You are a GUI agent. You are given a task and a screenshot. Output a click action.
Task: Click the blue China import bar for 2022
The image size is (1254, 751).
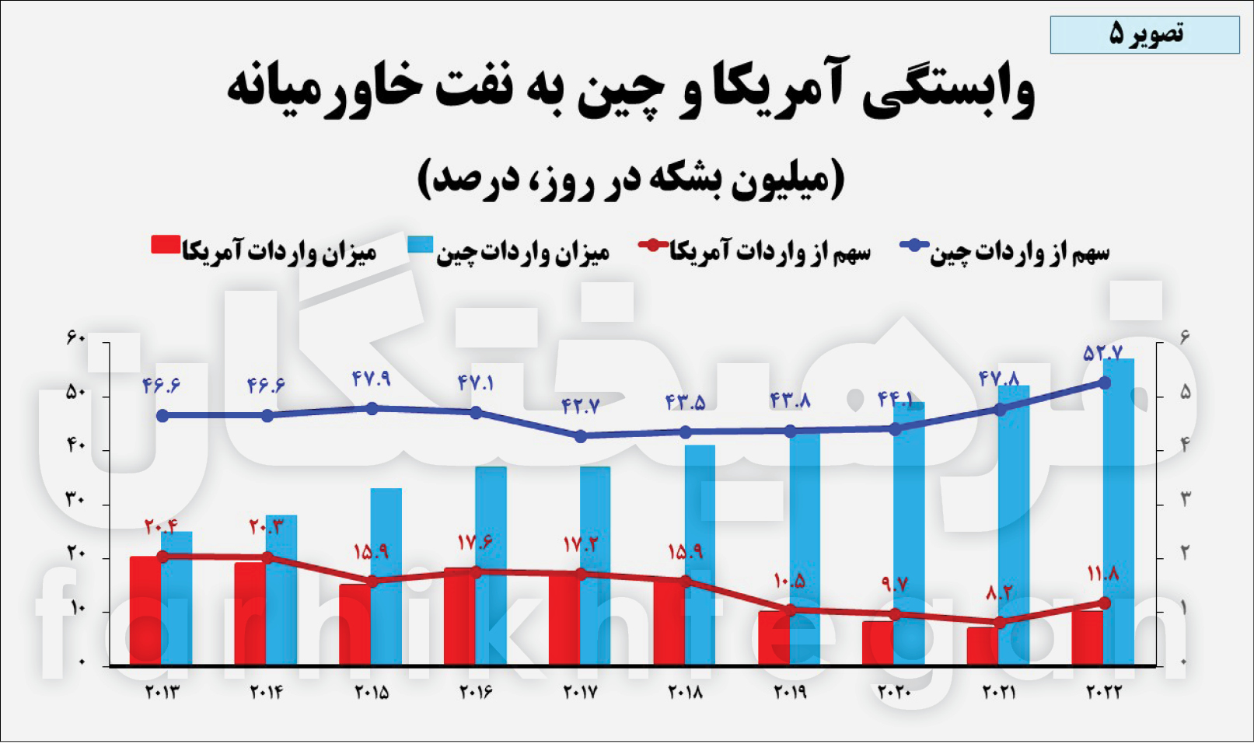[x=1118, y=513]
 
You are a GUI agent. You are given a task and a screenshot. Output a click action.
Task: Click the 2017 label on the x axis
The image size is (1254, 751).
[x=580, y=692]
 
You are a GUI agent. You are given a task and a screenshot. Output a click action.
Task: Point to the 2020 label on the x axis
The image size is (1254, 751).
[x=894, y=692]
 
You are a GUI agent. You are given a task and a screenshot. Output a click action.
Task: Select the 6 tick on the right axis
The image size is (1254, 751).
[x=1185, y=338]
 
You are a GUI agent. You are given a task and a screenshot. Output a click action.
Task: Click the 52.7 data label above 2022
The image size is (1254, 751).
[x=1102, y=354]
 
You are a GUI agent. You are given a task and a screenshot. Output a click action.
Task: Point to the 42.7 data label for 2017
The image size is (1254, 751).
[x=580, y=406]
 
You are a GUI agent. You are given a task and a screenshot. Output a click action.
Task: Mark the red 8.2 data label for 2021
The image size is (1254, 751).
[x=999, y=593]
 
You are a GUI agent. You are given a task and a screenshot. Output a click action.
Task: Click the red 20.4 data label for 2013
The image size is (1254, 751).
[x=161, y=526]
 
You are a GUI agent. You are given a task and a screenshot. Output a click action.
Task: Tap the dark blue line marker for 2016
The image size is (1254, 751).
[x=477, y=412]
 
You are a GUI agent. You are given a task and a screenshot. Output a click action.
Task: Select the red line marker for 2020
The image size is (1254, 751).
[x=895, y=614]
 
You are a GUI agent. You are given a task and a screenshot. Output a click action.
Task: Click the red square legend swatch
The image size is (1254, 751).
[x=166, y=246]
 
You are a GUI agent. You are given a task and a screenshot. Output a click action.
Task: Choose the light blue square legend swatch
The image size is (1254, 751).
[x=420, y=246]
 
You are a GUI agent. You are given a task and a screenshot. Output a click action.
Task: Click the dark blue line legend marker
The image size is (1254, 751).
[x=914, y=246]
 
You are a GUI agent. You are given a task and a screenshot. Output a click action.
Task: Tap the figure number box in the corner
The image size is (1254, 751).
[x=1144, y=34]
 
